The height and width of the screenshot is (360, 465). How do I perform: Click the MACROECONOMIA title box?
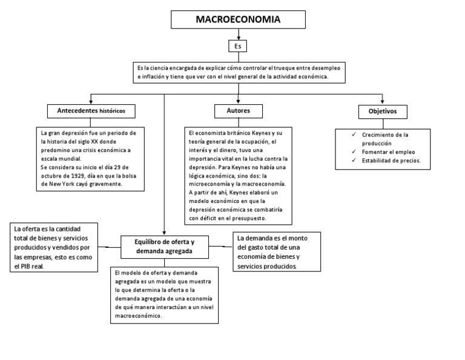238,19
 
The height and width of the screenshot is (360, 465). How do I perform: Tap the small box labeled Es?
238,46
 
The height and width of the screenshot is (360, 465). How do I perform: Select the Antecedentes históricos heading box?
91,112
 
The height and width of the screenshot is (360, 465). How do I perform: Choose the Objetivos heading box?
382,112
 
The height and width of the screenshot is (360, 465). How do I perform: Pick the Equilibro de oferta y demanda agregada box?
165,246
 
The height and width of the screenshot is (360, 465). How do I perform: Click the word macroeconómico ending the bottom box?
139,316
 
